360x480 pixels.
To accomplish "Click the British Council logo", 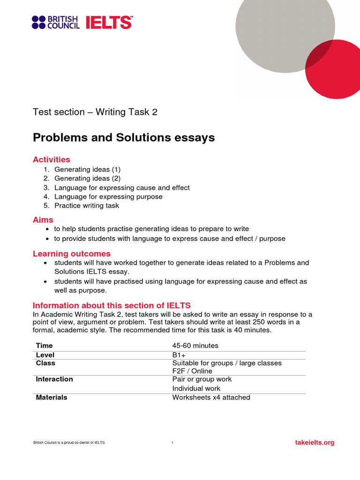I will (x=55, y=22).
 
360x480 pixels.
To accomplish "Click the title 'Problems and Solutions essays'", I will (x=124, y=137).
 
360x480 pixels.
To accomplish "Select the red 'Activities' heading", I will (x=52, y=159).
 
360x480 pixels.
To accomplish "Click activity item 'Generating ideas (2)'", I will (x=87, y=178).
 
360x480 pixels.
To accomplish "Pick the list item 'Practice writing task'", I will (x=87, y=205).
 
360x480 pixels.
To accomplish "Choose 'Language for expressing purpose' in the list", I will (x=108, y=196).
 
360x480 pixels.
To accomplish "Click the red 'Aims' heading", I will (x=43, y=219).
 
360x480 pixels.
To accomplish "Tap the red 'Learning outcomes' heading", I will (x=72, y=254).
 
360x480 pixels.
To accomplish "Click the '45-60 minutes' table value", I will (x=195, y=345).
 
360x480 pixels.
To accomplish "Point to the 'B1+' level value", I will (x=180, y=355).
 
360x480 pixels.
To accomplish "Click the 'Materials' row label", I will (x=52, y=397).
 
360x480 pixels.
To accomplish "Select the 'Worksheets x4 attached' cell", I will (x=211, y=397).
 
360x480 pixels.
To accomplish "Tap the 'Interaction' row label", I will (x=54, y=379).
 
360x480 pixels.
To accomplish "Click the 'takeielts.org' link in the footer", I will (x=315, y=442).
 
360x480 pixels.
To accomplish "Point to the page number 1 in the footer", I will (x=172, y=443).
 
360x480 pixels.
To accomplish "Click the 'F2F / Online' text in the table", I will (x=192, y=371).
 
